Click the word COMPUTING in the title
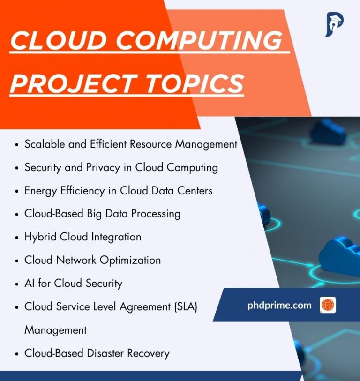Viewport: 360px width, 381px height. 199,40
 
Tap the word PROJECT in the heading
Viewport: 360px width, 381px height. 74,84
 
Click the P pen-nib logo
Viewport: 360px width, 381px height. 334,24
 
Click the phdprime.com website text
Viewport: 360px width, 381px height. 279,306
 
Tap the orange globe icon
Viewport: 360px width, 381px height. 328,305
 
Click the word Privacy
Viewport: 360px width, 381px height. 103,168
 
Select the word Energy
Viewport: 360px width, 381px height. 40,191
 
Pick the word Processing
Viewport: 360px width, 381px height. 156,214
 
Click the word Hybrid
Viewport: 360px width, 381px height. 40,237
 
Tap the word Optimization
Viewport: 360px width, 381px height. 130,261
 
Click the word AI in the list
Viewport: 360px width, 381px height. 30,284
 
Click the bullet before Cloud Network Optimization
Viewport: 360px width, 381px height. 16,261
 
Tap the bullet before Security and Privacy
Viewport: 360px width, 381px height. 16,168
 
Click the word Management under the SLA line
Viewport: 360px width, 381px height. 56,330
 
